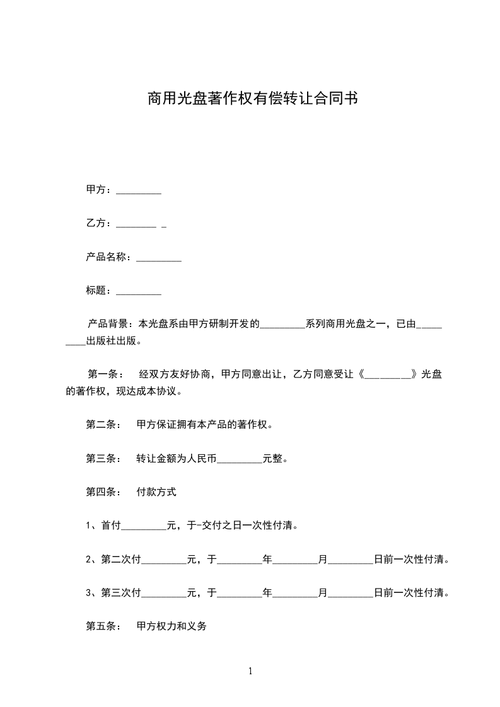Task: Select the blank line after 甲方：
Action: click(x=139, y=191)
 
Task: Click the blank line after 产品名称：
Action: click(x=159, y=258)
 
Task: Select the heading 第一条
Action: click(x=101, y=374)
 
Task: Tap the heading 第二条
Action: click(x=101, y=425)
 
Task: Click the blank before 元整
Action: click(x=239, y=460)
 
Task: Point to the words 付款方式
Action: click(x=156, y=492)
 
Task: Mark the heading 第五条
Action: click(x=101, y=627)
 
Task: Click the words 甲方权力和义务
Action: click(x=172, y=627)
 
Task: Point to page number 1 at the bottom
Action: click(x=250, y=671)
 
